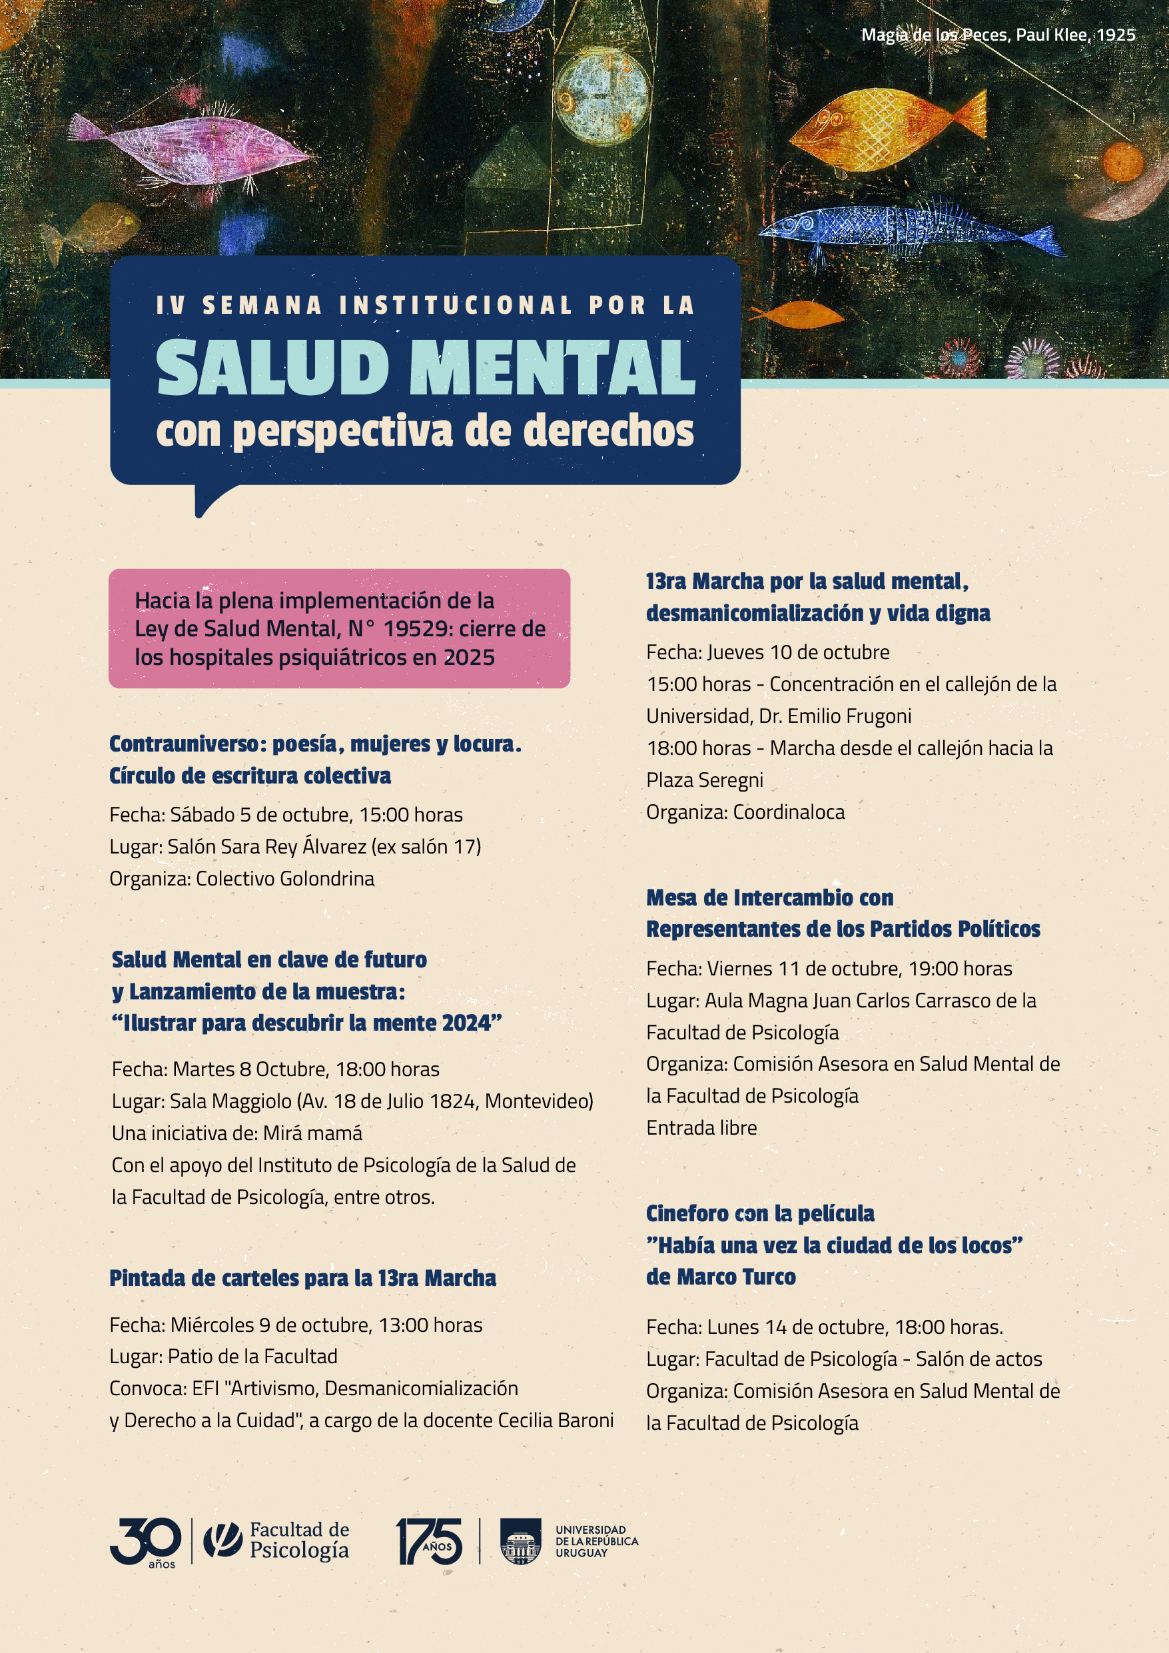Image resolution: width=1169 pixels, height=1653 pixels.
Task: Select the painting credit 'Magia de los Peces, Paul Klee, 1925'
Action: coord(998,35)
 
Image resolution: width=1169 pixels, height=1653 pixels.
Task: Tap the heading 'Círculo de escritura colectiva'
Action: coord(250,776)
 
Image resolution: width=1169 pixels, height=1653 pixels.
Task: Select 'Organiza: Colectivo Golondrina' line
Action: coord(242,878)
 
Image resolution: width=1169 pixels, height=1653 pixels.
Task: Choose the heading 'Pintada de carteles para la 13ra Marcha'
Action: coord(302,1278)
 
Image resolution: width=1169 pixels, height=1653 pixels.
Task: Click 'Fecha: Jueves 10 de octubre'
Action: coord(767,652)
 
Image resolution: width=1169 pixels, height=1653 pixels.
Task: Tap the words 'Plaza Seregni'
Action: coord(704,780)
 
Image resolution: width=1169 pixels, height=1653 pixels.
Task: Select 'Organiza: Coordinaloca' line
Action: coord(745,812)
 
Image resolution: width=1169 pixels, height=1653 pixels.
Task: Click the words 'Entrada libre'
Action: coord(701,1127)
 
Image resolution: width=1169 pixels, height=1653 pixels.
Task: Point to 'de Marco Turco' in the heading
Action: coord(721,1277)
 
